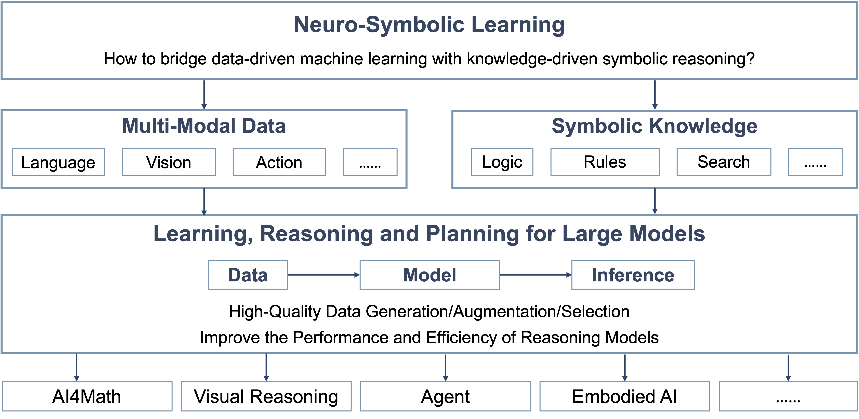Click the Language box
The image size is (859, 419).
coord(58,162)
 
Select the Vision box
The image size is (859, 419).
coord(169,162)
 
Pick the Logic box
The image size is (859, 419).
coord(502,162)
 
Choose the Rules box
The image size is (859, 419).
coord(605,162)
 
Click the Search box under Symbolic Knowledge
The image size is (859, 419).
coord(724,162)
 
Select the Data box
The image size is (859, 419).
coord(248,275)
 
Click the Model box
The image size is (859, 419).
coord(430,275)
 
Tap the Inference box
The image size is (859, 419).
coord(633,275)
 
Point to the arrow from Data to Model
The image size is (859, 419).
coord(324,275)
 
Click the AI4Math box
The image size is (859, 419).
coord(87,396)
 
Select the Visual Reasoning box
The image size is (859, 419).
coord(266,396)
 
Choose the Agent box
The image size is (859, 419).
coord(446,396)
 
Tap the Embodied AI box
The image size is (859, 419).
coord(625,396)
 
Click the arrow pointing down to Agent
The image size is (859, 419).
coord(446,368)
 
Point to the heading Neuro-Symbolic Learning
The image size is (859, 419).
coord(429,25)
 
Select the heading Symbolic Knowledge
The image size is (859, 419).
coord(655,126)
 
